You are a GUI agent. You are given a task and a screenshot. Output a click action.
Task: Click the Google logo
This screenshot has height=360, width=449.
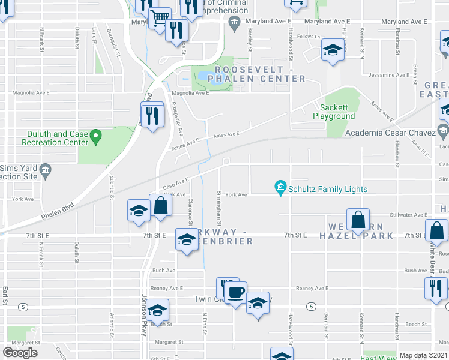20,353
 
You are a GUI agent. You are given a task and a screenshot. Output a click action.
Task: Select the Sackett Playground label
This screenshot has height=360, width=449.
333,112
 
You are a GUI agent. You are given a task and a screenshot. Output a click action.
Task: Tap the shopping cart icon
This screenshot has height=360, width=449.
160,18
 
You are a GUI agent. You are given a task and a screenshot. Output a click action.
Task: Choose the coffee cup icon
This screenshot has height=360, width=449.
236,292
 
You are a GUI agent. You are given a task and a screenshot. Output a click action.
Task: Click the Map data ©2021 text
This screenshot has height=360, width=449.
424,355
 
